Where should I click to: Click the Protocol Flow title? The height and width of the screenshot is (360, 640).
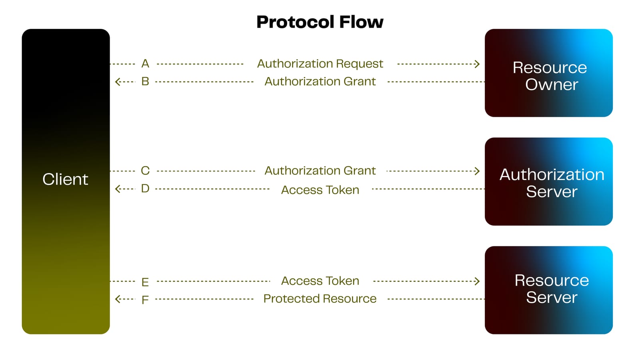coord(320,22)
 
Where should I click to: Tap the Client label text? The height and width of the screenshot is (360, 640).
coord(65,179)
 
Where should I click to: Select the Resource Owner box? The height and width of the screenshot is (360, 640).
coord(548,73)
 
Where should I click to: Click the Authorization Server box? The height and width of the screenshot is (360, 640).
coord(548,182)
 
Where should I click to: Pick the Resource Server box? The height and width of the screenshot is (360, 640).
coord(548,290)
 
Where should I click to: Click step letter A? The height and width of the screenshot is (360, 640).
coord(145,64)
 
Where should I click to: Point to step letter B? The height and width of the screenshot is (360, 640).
coord(145,82)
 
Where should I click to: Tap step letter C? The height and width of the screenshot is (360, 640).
coord(145,171)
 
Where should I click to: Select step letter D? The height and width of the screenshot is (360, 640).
coord(145,188)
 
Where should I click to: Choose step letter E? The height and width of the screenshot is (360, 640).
coord(145,282)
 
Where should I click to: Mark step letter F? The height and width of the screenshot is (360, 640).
coord(145,300)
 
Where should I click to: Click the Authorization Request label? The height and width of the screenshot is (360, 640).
coord(320,64)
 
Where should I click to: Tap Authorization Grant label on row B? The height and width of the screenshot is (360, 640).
coord(320,82)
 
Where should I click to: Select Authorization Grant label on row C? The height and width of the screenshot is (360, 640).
coord(320,171)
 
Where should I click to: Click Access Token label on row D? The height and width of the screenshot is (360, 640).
coord(320,190)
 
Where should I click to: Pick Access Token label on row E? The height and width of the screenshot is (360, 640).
coord(320,281)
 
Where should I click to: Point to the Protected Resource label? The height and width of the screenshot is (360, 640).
coord(320,299)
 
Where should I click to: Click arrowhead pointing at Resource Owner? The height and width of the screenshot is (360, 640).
coord(477,64)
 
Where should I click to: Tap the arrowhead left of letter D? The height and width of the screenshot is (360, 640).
coord(118,189)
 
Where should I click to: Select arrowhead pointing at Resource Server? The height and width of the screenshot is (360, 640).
coord(477,281)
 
